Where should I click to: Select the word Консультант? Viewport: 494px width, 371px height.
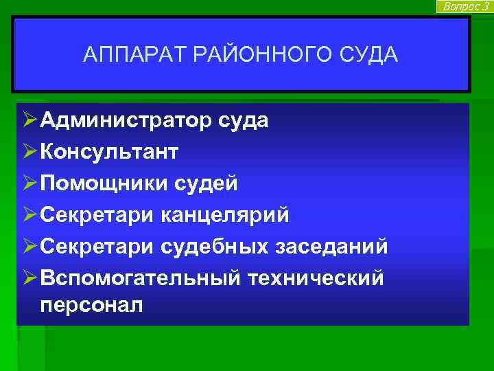[109, 152]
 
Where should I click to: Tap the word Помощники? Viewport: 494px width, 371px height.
[106, 183]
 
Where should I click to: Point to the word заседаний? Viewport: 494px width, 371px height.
[335, 246]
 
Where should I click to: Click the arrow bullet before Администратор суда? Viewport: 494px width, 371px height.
[27, 121]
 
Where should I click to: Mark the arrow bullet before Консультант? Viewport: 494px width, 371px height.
[27, 152]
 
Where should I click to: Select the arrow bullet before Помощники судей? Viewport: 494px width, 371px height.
[27, 183]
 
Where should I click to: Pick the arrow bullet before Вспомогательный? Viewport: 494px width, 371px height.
[27, 278]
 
